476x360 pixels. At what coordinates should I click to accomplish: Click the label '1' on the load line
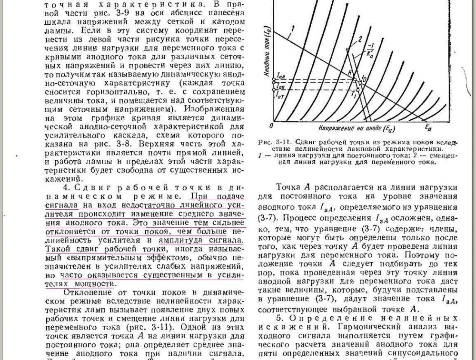pos(294,31)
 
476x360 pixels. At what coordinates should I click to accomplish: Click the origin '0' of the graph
pos(271,126)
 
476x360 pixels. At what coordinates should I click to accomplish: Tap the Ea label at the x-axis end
pos(428,127)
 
